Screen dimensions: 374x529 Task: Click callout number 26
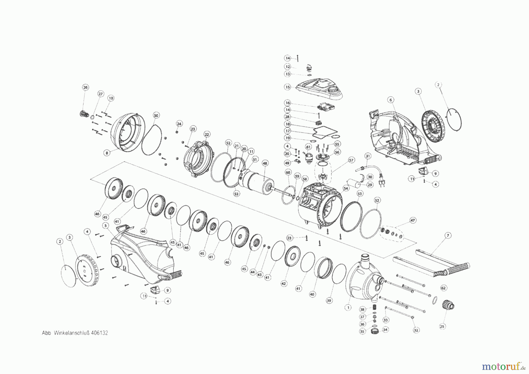tap(85, 87)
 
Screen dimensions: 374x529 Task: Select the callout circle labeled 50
tap(156, 115)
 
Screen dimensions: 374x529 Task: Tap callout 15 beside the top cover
tap(287, 87)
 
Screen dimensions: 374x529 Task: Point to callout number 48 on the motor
tap(265, 163)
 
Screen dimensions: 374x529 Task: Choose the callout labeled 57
tap(351, 160)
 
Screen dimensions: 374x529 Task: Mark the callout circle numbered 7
tap(448, 235)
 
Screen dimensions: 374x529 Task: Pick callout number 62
tap(443, 288)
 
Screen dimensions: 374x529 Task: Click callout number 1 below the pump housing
tap(348, 308)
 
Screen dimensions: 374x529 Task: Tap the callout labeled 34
tap(385, 330)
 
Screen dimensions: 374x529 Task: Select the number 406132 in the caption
tap(99, 333)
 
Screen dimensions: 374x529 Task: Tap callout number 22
tap(207, 135)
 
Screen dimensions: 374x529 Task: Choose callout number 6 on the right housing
tap(391, 100)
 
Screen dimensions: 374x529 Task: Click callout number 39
tap(329, 300)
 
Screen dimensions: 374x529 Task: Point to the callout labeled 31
tap(368, 156)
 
